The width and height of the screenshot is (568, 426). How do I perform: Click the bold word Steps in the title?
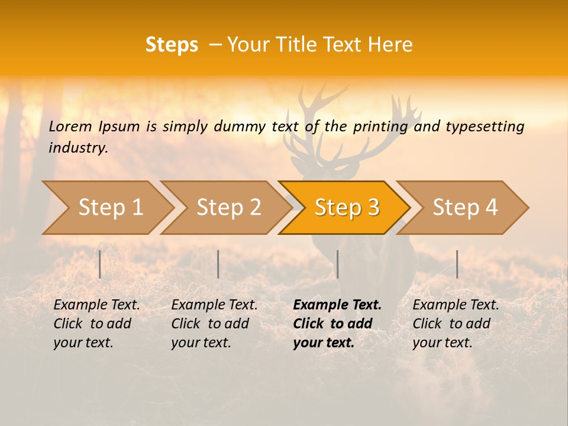click(x=172, y=45)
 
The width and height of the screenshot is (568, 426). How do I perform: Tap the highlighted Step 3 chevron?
click(x=347, y=208)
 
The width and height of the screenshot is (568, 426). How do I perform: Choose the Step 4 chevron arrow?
click(x=465, y=208)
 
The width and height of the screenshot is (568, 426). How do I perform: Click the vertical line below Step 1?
click(x=100, y=264)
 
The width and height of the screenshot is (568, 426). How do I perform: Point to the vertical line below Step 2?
click(x=218, y=264)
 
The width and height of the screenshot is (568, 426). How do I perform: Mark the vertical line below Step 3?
click(x=337, y=264)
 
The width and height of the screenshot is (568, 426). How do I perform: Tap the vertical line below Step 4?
click(x=457, y=264)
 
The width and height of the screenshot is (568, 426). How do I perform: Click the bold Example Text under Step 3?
click(x=337, y=305)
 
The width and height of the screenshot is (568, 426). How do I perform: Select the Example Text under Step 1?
click(x=96, y=305)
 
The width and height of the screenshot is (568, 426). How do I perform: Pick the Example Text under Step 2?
click(x=214, y=305)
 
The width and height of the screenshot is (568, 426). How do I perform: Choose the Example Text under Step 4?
click(x=456, y=305)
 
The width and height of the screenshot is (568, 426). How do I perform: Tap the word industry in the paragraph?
click(x=78, y=148)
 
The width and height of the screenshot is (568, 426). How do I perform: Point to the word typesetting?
click(x=485, y=127)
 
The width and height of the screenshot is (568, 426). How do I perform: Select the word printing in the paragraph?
click(x=379, y=127)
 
